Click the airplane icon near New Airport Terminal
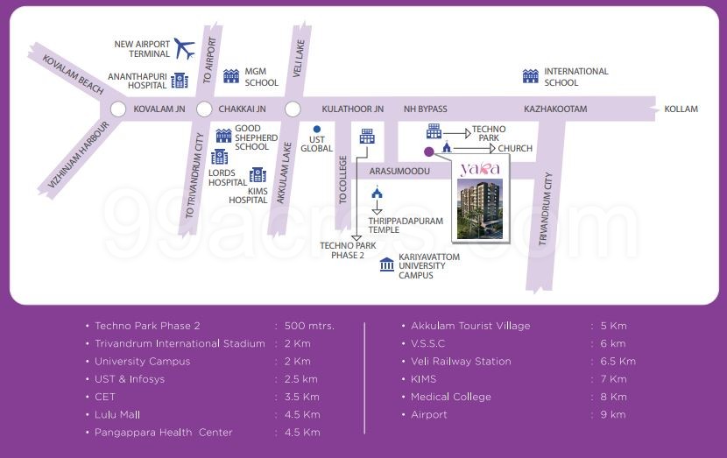184,47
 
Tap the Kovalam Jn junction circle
118,109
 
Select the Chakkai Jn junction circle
204,109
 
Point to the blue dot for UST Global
316,130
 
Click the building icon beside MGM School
231,76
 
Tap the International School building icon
529,76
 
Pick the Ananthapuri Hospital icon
180,81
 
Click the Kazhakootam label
555,109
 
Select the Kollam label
681,109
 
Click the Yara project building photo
477,209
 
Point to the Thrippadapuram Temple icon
377,194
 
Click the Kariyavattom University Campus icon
386,264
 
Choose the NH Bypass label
425,109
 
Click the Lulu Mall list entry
117,414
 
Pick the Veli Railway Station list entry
461,362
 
